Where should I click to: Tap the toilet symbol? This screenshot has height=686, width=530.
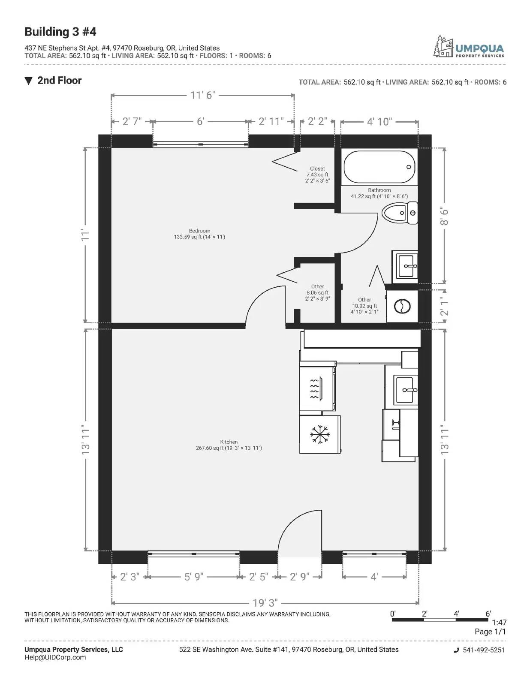[399, 213]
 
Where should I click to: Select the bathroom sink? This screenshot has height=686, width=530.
[405, 266]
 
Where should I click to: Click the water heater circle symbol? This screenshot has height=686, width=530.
[402, 306]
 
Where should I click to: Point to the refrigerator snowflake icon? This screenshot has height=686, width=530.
[320, 435]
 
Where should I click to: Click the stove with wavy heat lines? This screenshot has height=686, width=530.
[317, 388]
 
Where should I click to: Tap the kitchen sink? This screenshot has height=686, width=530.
[405, 391]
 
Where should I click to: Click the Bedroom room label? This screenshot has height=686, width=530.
[199, 231]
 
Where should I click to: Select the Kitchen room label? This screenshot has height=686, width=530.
[229, 442]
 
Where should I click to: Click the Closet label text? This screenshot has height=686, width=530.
[317, 168]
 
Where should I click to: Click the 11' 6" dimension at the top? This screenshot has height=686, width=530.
[203, 95]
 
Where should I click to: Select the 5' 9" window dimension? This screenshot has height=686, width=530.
[193, 577]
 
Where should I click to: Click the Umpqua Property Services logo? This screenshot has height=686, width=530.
[469, 47]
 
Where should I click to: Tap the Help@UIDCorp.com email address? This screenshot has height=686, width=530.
[55, 657]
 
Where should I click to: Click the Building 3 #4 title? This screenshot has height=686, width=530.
[60, 32]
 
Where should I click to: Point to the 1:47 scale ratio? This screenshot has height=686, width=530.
[499, 623]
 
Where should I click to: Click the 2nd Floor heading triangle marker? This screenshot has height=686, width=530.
[29, 81]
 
